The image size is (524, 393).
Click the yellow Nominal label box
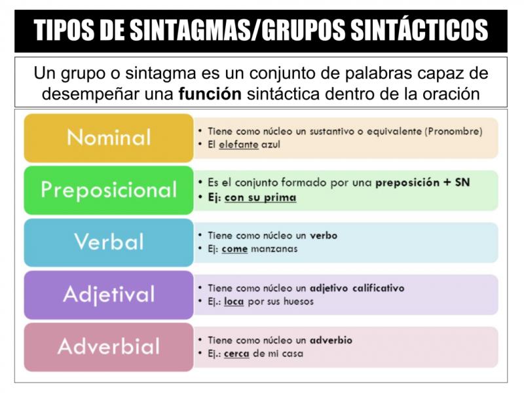tap(109, 138)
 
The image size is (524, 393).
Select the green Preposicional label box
tap(109, 190)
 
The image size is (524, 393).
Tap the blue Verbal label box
tap(109, 242)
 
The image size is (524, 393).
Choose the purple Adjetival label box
tap(109, 295)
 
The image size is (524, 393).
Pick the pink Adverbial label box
tap(109, 347)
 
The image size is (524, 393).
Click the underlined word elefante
tap(238, 145)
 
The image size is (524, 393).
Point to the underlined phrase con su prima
tap(260, 198)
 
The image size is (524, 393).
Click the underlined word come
tap(234, 249)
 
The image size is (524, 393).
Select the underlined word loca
tap(234, 301)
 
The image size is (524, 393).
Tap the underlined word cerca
tap(236, 354)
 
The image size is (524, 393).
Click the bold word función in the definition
tap(210, 94)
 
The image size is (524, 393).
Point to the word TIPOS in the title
tap(64, 30)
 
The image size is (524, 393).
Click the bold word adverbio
tap(331, 340)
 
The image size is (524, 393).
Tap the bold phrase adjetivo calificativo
tap(357, 288)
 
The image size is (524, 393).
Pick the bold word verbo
tap(324, 236)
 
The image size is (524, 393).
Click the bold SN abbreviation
tap(462, 183)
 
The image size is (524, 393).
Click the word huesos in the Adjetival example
tap(299, 301)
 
